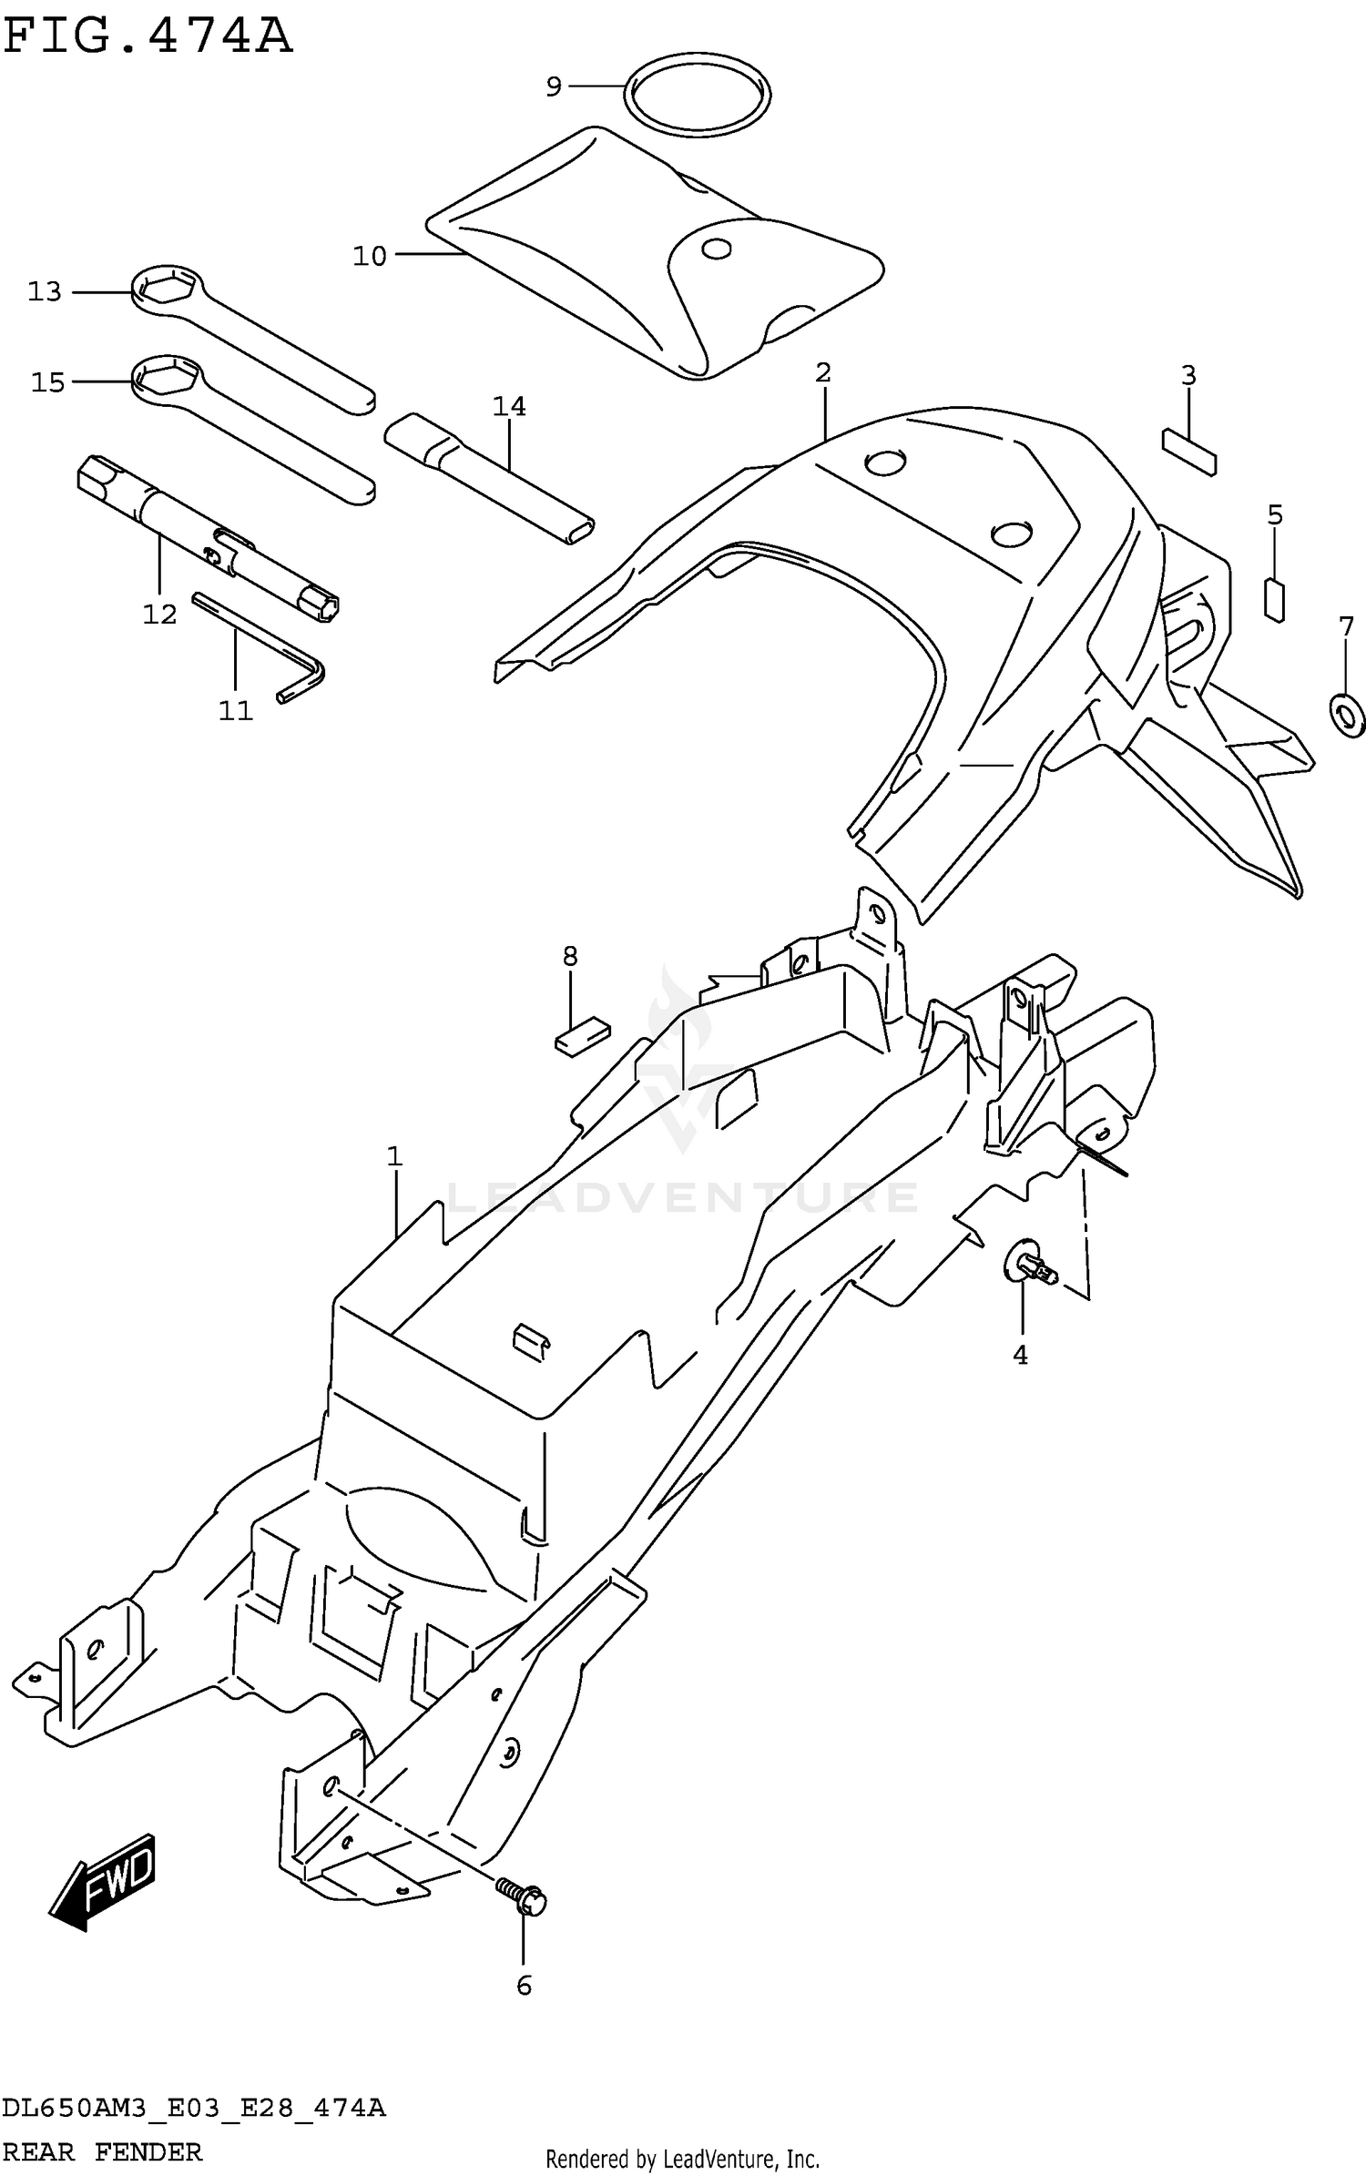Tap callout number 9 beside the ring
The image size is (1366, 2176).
click(x=554, y=87)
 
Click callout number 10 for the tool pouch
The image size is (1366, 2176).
click(x=370, y=257)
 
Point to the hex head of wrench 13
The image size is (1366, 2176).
click(x=165, y=290)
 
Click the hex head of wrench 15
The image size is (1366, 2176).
click(x=166, y=379)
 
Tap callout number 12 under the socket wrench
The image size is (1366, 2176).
click(x=159, y=615)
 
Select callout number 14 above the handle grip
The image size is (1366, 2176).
click(x=509, y=406)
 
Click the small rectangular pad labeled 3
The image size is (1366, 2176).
click(x=1188, y=452)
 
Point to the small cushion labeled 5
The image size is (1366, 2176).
click(x=1275, y=600)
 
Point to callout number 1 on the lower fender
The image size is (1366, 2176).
click(x=394, y=1157)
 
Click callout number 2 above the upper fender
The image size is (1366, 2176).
click(x=823, y=372)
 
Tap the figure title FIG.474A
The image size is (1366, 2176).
click(x=148, y=37)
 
